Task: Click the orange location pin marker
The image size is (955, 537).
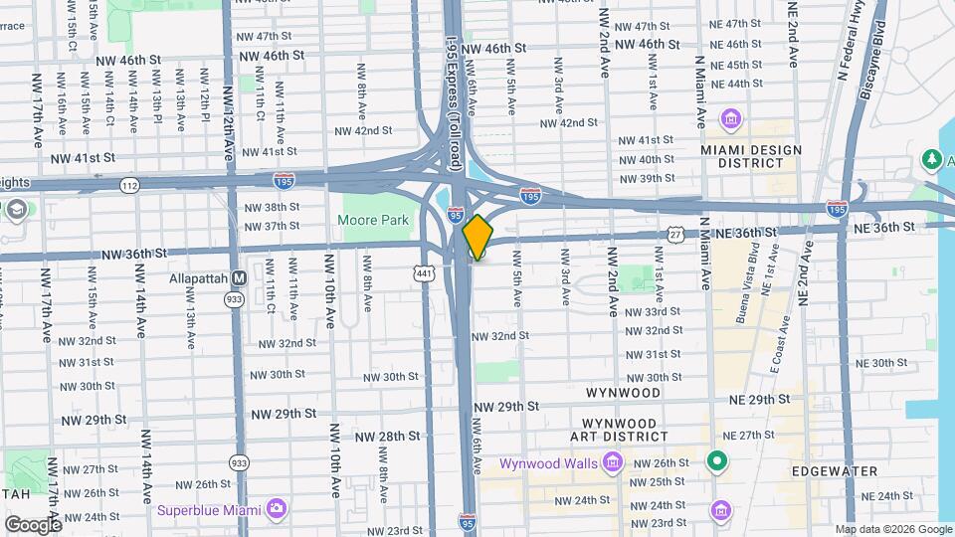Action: pos(477,237)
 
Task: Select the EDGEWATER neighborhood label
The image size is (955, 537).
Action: pos(834,471)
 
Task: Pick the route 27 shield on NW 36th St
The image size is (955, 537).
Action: pos(675,235)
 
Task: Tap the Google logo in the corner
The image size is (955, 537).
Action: pos(33,524)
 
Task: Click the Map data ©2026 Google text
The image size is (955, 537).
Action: pos(893,530)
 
